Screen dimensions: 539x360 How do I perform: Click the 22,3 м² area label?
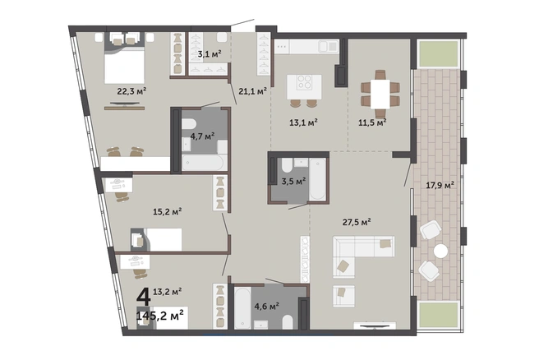[x=132, y=91]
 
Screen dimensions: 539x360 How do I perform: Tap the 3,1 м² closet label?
[x=210, y=53]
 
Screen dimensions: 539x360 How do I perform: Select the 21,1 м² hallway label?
[x=253, y=91]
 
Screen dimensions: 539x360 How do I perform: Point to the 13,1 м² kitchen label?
[x=303, y=122]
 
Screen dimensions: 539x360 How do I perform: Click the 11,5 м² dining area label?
[x=372, y=122]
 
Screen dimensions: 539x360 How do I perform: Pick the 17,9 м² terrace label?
[x=440, y=185]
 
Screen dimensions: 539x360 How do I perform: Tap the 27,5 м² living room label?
[x=357, y=222]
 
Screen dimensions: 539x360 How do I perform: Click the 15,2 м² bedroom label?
[x=168, y=211]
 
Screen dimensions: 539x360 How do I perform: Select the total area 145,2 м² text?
[x=160, y=315]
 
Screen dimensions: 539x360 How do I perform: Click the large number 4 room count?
[x=144, y=297]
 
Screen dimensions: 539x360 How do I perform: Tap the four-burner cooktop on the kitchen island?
[x=304, y=82]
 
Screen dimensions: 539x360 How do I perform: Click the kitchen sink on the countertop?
[x=329, y=46]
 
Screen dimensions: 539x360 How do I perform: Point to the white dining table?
[x=380, y=94]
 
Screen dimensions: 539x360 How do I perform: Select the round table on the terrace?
[x=440, y=252]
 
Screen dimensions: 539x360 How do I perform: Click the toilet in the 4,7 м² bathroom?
[x=188, y=124]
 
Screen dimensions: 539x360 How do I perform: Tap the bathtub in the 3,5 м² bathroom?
[x=317, y=179]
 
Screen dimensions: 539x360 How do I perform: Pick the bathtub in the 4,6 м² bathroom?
[x=242, y=307]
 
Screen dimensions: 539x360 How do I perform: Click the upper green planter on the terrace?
[x=438, y=54]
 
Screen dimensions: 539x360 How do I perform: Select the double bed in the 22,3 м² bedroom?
[x=124, y=65]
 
